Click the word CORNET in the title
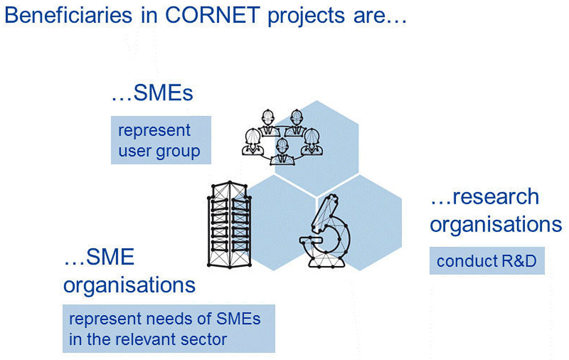[x=212, y=15]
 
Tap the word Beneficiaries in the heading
[x=68, y=15]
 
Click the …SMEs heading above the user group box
[x=152, y=92]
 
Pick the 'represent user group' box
[x=161, y=140]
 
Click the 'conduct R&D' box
[x=487, y=261]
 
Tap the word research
[x=496, y=197]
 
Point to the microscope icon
[x=325, y=231]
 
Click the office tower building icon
[x=230, y=224]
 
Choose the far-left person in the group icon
[x=253, y=142]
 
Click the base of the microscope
[x=327, y=263]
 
